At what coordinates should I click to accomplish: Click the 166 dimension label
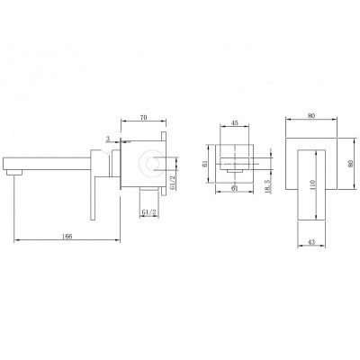[67, 237]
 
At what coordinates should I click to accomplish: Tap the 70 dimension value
[144, 118]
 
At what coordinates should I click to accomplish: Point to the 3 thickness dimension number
[108, 139]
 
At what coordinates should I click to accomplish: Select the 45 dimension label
[235, 122]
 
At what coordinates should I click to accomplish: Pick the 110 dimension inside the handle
[312, 185]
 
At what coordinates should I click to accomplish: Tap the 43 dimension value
[311, 242]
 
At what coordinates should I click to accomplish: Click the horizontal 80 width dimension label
[311, 116]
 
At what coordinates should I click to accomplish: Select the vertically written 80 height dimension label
[351, 164]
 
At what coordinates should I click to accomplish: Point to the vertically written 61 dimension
[205, 164]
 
